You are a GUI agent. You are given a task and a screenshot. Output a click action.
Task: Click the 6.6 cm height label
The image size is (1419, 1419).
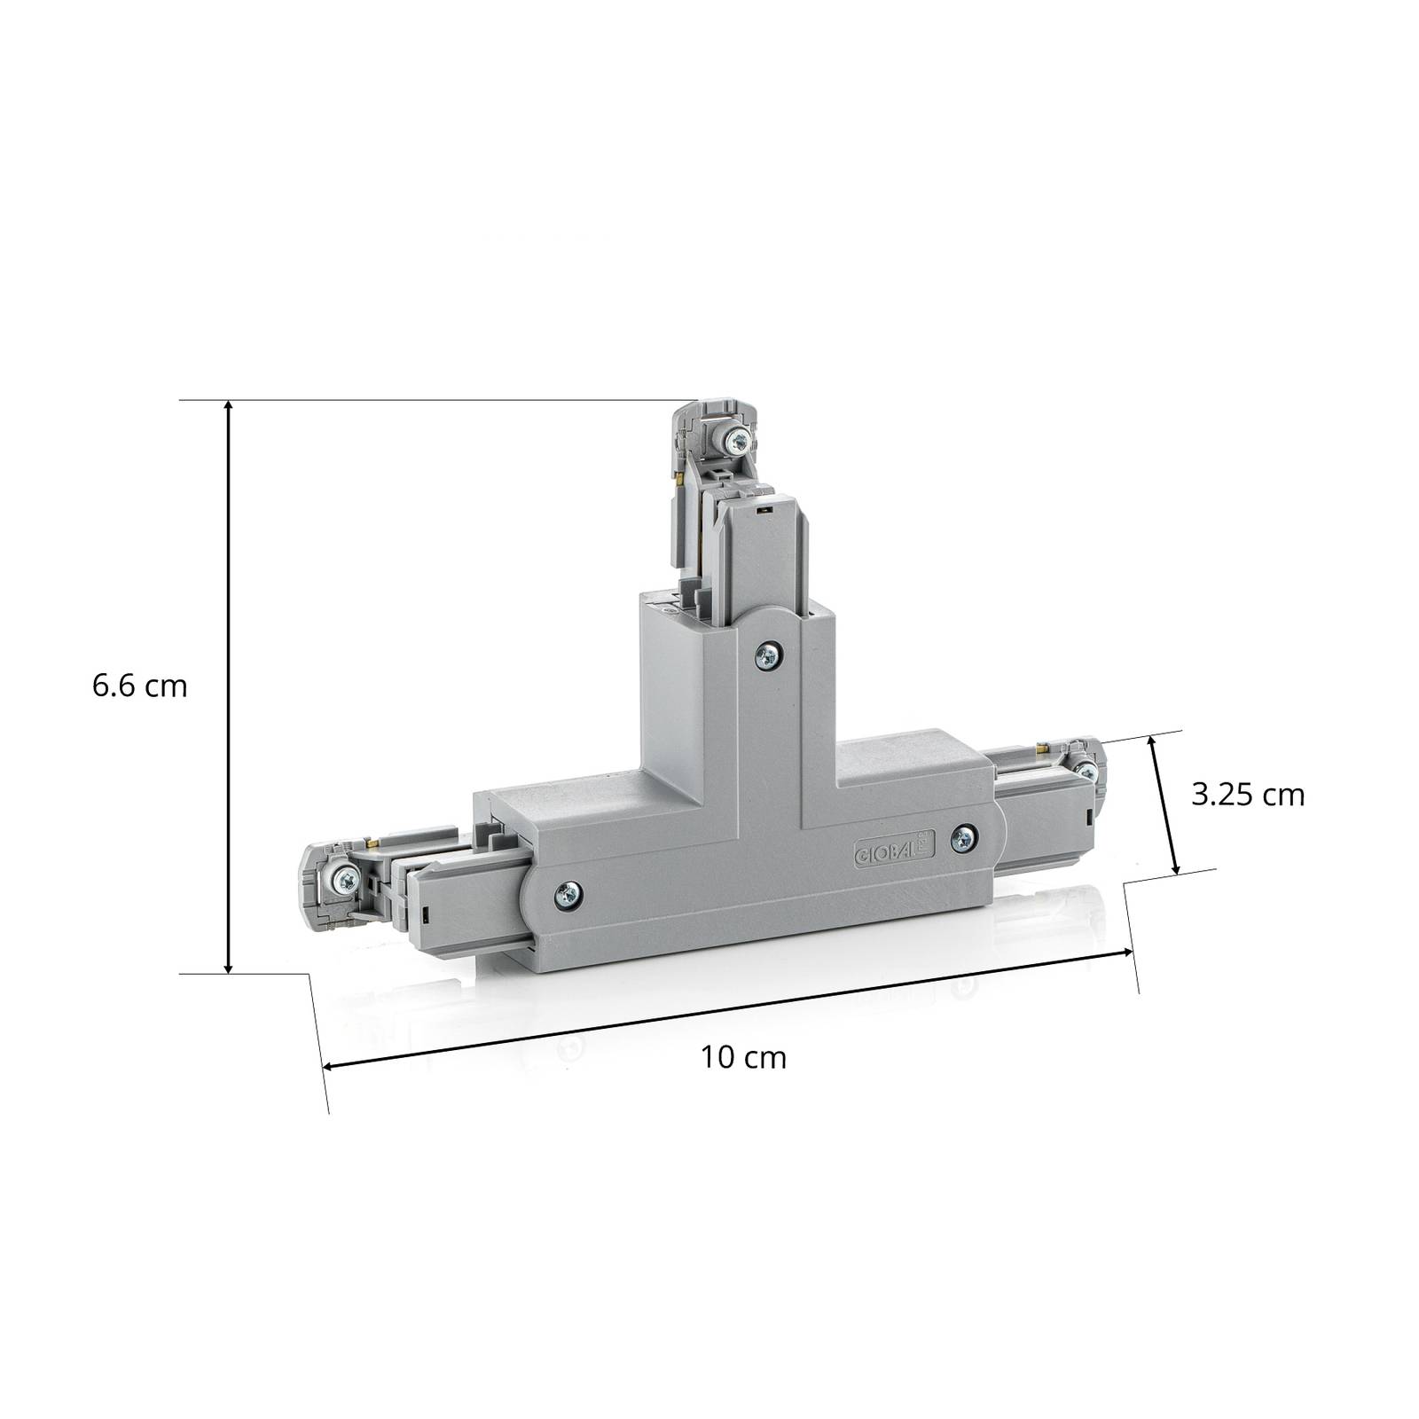point(139,686)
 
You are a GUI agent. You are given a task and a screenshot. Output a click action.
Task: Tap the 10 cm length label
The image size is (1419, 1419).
point(743,1057)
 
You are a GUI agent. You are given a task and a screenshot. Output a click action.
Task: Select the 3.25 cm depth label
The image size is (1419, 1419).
point(1248,796)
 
